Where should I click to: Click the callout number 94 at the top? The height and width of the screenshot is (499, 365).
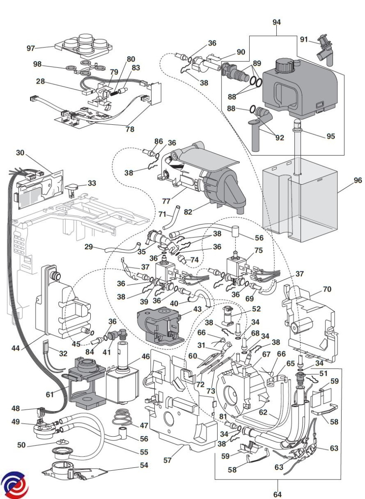[x=277, y=22]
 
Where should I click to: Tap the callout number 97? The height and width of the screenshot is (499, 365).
[x=31, y=48]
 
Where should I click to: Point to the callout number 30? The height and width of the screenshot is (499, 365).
[x=20, y=153]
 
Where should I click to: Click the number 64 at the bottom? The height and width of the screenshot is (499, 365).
[x=277, y=494]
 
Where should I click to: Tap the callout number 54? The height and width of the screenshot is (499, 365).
[x=144, y=465]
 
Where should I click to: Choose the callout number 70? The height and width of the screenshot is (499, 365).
[x=327, y=289]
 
